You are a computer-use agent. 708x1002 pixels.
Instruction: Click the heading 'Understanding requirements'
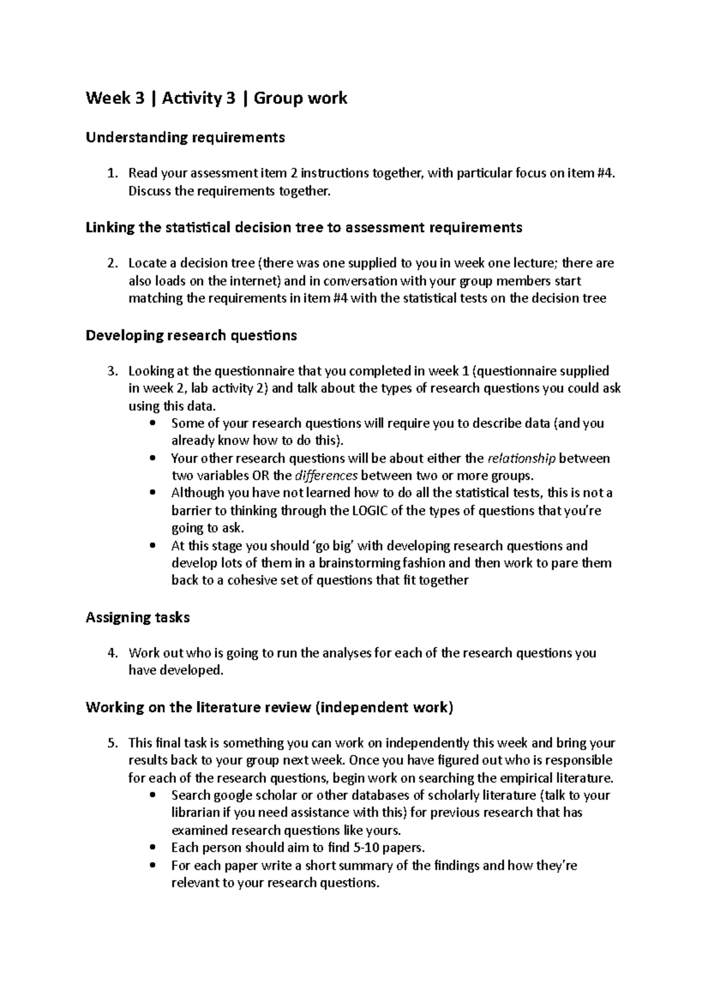pyautogui.click(x=185, y=137)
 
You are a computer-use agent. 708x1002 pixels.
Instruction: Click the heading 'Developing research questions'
pyautogui.click(x=191, y=336)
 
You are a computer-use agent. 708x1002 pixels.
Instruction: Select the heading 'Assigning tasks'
pyautogui.click(x=137, y=618)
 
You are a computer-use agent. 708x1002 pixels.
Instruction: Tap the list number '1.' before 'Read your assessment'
pyautogui.click(x=112, y=173)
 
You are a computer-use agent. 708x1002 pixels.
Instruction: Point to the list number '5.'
pyautogui.click(x=112, y=743)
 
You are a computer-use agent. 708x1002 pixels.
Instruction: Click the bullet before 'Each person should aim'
pyautogui.click(x=155, y=848)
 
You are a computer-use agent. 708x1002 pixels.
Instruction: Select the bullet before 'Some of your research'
pyautogui.click(x=155, y=423)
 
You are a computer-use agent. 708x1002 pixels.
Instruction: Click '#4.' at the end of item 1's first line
pyautogui.click(x=595, y=173)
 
